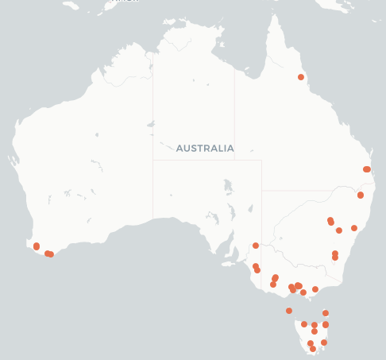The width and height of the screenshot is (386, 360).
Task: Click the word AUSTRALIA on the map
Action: coord(205,149)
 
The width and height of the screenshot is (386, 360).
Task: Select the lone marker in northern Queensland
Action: coord(301,77)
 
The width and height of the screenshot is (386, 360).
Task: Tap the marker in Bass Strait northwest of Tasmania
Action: coord(289,311)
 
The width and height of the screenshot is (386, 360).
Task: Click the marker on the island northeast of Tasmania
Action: coord(326,313)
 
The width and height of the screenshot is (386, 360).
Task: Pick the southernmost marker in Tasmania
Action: coord(313,349)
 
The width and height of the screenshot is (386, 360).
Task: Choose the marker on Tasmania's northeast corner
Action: coord(326,324)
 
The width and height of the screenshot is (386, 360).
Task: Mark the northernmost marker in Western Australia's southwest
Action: coord(37,246)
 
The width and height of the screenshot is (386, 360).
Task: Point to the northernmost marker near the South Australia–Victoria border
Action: coord(256,246)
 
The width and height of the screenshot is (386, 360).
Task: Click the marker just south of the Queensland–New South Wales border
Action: coord(361,195)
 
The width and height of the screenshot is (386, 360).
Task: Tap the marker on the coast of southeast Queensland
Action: coord(367,169)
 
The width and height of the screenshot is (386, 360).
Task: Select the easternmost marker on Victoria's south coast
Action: coord(315,289)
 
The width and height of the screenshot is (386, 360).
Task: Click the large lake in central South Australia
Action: coord(229,188)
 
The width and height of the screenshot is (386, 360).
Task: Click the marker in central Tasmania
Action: coord(315,331)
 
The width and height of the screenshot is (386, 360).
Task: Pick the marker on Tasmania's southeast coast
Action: coord(324,343)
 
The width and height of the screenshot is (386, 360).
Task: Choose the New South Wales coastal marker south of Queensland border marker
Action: coord(354,228)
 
